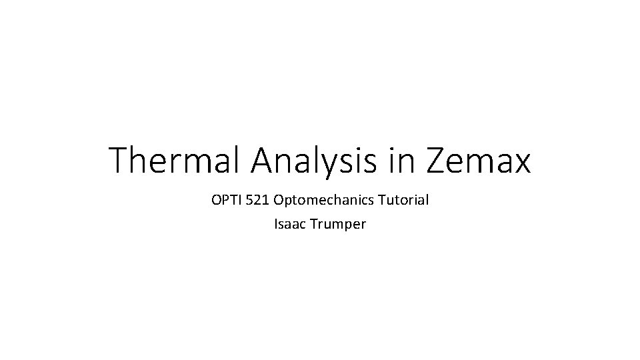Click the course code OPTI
[x=225, y=199]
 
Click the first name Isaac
[x=289, y=224]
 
